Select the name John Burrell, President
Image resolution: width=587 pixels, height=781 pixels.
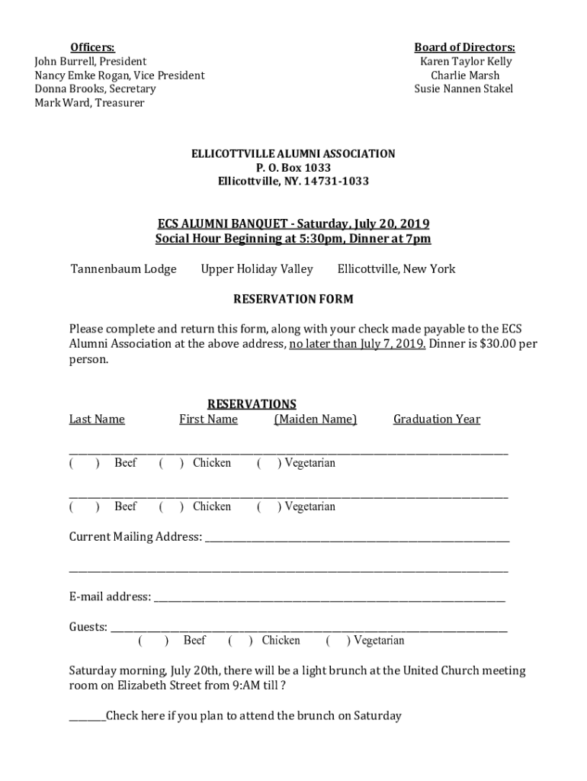(x=91, y=61)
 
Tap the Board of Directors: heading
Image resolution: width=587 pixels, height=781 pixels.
(x=464, y=47)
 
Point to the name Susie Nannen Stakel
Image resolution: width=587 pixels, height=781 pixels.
(x=464, y=88)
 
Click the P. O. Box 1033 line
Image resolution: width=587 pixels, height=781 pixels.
(x=293, y=168)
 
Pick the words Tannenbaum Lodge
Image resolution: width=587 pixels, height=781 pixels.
(x=123, y=268)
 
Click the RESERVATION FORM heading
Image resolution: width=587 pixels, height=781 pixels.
(x=293, y=299)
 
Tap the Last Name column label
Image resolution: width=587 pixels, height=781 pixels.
(x=97, y=419)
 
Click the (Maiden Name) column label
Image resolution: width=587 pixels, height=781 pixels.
(x=316, y=419)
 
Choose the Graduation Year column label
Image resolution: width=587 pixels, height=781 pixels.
(x=437, y=419)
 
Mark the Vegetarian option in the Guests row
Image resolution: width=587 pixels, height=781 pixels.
(x=337, y=641)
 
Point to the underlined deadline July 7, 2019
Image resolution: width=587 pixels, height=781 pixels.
(x=358, y=344)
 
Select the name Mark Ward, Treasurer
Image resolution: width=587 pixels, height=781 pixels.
(x=89, y=102)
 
